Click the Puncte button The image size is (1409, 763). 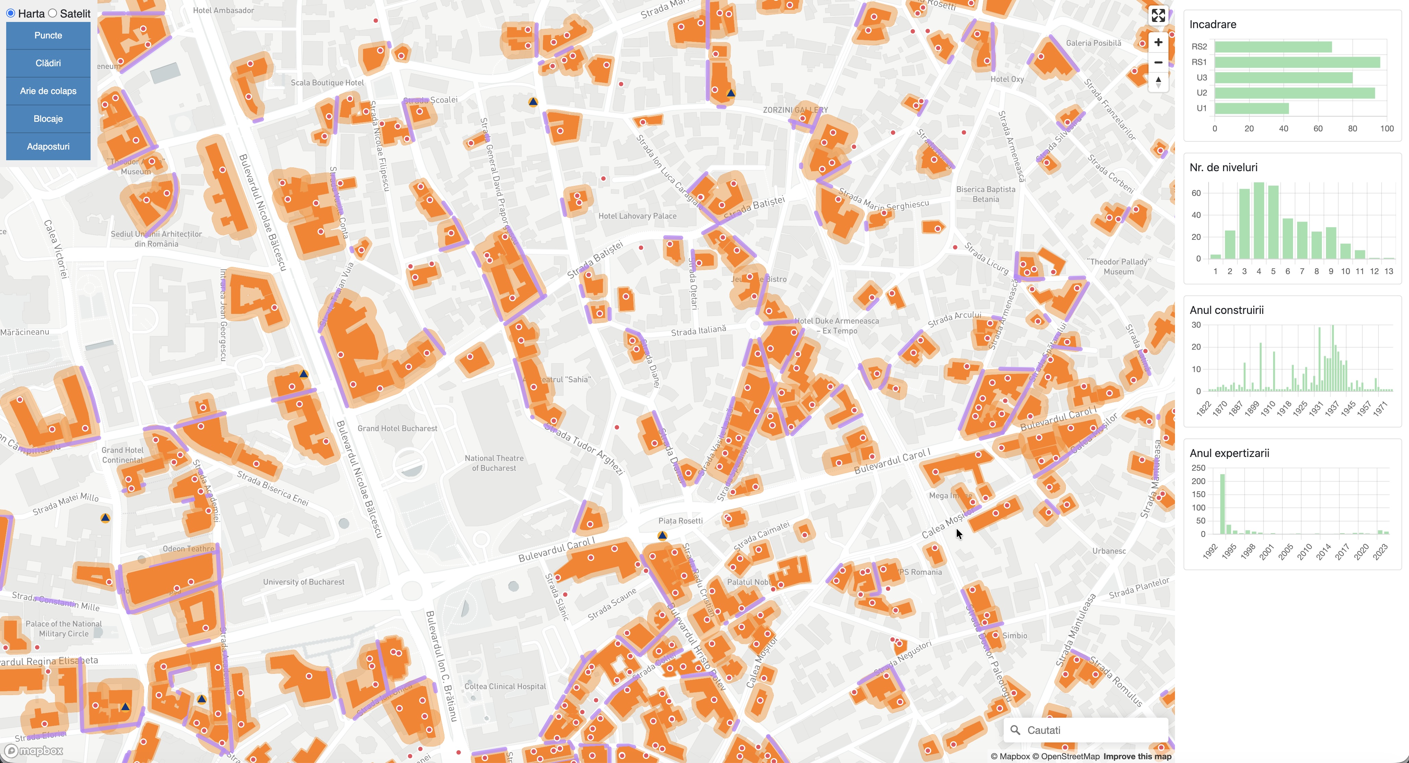(x=48, y=36)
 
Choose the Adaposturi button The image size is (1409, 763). (x=48, y=146)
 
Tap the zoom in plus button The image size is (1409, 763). (x=1158, y=43)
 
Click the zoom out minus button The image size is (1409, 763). (x=1158, y=62)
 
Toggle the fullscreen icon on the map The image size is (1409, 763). (x=1158, y=15)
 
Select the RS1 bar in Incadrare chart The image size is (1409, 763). (x=1296, y=62)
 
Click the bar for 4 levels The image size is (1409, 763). (x=1259, y=220)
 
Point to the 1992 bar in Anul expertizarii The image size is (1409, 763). (x=1222, y=504)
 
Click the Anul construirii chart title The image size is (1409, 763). (x=1226, y=310)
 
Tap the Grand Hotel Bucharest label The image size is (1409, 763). (x=397, y=428)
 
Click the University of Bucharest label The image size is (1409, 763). (x=304, y=582)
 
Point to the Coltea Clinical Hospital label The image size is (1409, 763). (x=505, y=686)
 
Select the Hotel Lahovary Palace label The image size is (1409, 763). (x=637, y=216)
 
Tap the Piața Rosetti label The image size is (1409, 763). (x=680, y=521)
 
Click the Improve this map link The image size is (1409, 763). (x=1137, y=756)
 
